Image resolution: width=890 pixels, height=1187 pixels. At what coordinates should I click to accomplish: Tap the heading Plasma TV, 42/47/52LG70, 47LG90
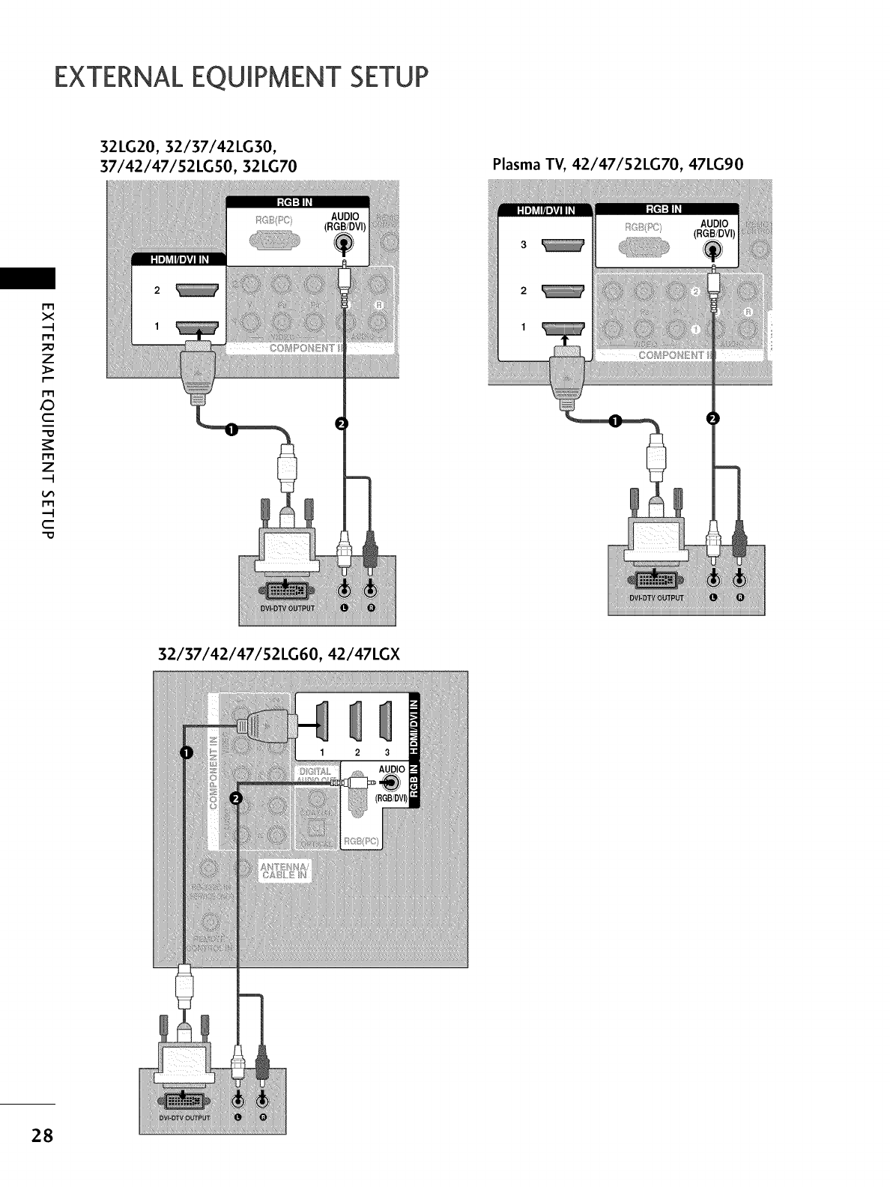pyautogui.click(x=617, y=165)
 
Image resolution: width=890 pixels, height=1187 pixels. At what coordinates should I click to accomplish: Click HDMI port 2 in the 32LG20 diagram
pyautogui.click(x=196, y=292)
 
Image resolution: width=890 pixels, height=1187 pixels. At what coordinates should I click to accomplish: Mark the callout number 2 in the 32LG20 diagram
pyautogui.click(x=344, y=424)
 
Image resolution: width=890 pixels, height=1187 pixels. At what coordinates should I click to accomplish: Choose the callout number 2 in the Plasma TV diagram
pyautogui.click(x=713, y=417)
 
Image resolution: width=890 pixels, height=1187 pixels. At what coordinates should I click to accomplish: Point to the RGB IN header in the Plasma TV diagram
pyautogui.click(x=666, y=210)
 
